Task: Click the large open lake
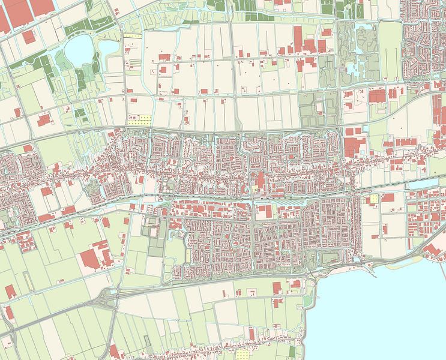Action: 384,312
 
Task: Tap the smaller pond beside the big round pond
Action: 107,46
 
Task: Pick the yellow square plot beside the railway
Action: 375,199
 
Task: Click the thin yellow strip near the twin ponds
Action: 133,36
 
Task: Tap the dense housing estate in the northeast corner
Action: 423,42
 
